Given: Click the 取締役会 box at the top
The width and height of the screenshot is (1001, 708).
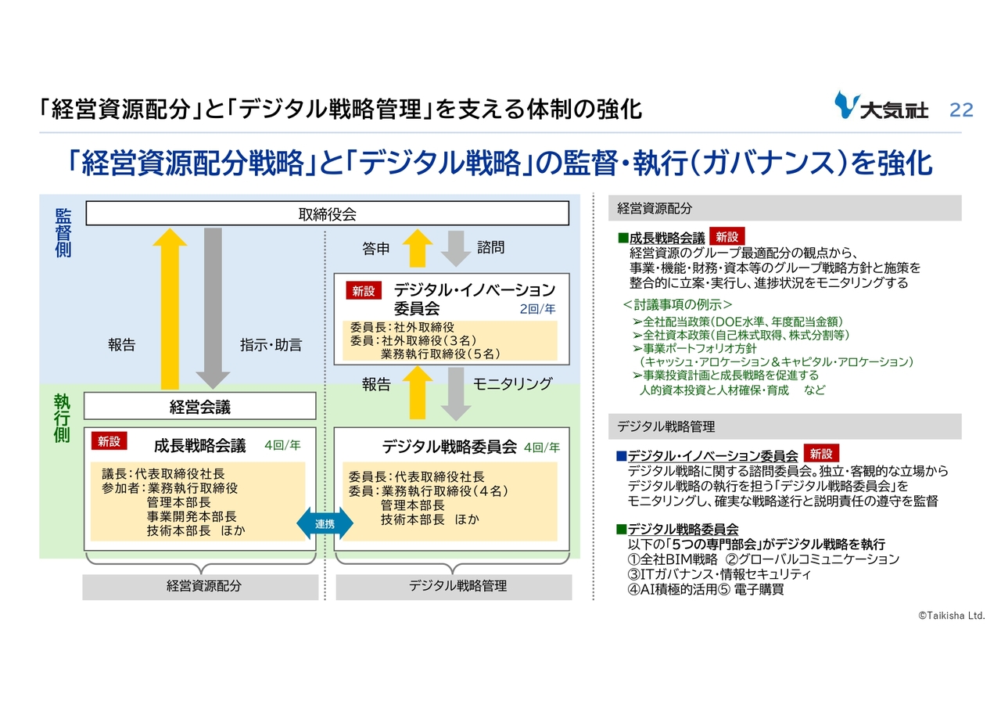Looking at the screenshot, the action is [x=327, y=214].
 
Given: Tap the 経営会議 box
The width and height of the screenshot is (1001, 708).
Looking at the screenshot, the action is [x=199, y=406].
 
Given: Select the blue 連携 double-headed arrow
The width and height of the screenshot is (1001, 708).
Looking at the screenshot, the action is [x=325, y=523].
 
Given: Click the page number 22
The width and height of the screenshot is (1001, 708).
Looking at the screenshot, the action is [x=961, y=110].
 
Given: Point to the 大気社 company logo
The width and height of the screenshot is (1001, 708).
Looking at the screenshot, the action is [x=881, y=106].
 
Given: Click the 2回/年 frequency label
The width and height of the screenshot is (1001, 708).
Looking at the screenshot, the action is [x=537, y=309].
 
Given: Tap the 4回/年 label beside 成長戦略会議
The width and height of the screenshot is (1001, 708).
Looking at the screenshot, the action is [x=282, y=445].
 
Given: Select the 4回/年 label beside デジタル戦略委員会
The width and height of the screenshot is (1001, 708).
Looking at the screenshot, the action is [x=542, y=447].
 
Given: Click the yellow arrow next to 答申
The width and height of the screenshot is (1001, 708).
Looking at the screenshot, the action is [x=418, y=249].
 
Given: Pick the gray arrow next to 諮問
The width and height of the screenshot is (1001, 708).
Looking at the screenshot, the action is [x=456, y=249].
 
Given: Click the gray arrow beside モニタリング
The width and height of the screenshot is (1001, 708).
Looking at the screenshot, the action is [x=456, y=394].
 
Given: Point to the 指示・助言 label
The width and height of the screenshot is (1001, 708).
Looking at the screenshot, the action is [x=271, y=345].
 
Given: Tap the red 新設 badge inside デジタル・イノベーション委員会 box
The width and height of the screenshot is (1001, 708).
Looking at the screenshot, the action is [x=364, y=291].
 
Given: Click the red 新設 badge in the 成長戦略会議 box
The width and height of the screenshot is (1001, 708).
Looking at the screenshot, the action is [x=109, y=441].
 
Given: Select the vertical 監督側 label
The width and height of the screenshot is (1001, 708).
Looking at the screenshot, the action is [x=63, y=233].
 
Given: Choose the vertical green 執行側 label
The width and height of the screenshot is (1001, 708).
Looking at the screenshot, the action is [x=62, y=418].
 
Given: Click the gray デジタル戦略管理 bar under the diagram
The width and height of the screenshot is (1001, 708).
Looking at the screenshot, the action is [x=454, y=587].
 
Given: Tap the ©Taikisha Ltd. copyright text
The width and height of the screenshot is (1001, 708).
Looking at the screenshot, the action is [x=952, y=616].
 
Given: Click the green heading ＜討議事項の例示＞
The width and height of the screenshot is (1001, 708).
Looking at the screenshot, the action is [x=677, y=305].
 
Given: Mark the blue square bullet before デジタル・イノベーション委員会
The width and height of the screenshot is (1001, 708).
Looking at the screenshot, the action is [x=621, y=456].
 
